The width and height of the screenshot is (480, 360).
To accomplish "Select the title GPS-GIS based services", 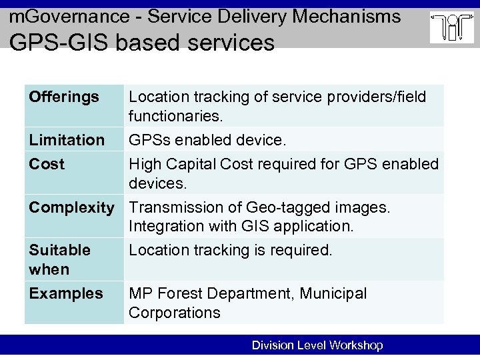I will click(141, 43).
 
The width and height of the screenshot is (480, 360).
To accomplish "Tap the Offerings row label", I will click(64, 97).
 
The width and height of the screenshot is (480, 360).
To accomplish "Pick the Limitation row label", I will click(67, 140).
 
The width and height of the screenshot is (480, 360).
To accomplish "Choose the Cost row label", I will click(47, 164).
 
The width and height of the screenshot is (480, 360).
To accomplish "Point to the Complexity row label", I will click(71, 207).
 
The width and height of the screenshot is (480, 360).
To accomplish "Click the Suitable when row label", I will click(59, 259).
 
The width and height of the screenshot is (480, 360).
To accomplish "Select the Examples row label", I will click(66, 293).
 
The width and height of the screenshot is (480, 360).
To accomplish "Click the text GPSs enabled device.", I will click(207, 140).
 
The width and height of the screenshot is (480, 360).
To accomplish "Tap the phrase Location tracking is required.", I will click(230, 250).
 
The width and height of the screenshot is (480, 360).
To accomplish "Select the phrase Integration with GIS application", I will click(241, 227).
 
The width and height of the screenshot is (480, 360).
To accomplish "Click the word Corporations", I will click(174, 313).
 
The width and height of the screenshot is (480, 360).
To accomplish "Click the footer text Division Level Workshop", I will click(317, 345).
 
